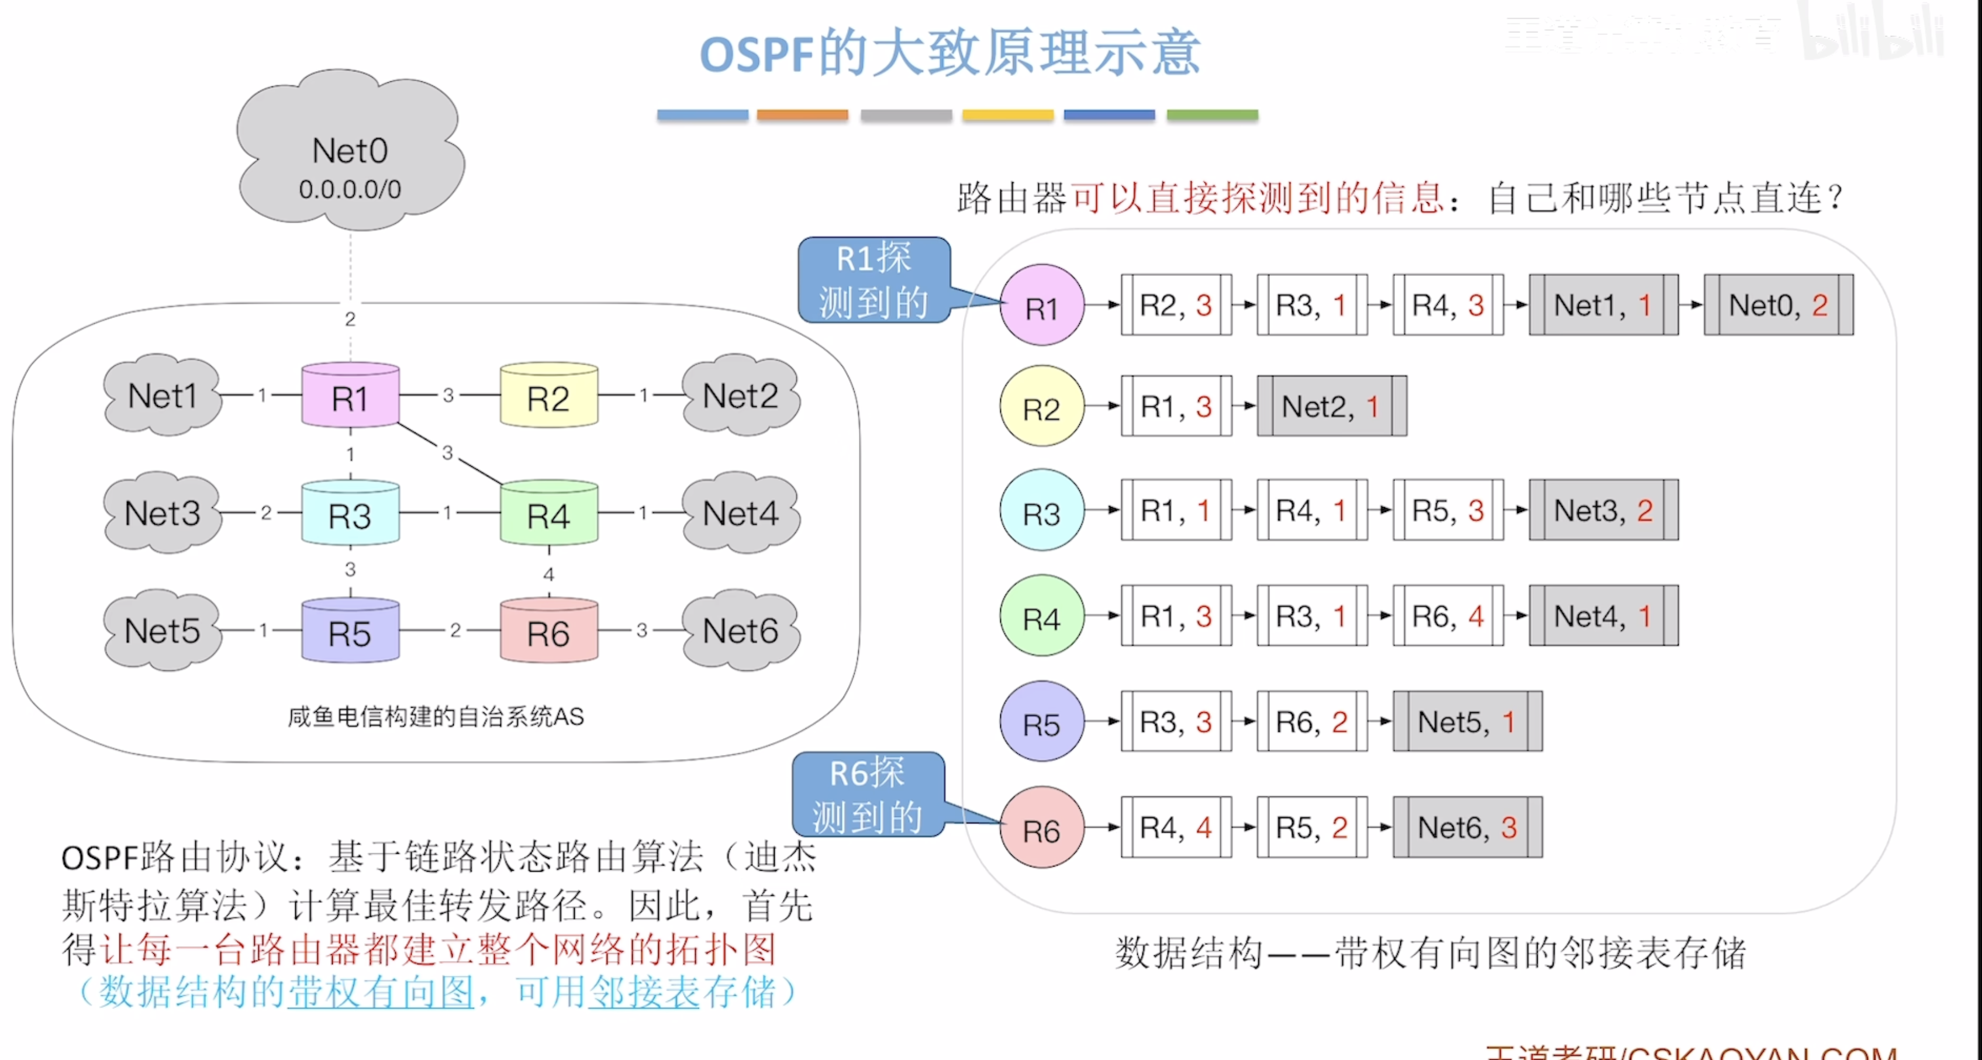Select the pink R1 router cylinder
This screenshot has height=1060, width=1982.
[350, 396]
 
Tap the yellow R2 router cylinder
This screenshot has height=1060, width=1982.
[548, 396]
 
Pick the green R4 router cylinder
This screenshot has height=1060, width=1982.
[548, 514]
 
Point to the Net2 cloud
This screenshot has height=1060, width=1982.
[740, 396]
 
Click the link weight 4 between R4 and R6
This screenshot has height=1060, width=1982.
[548, 574]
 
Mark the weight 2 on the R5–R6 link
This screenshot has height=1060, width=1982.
[455, 631]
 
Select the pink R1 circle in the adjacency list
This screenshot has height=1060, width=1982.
[1042, 306]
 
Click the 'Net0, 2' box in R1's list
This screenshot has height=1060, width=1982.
[1778, 306]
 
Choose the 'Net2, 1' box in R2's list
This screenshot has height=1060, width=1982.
[1332, 406]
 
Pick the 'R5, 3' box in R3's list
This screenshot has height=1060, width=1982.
[1447, 510]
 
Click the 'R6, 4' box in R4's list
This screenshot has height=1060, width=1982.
[1447, 616]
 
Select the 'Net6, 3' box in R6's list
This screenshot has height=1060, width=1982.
[1467, 827]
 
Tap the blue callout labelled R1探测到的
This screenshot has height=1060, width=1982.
[874, 280]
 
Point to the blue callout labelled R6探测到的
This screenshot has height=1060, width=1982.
[868, 795]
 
